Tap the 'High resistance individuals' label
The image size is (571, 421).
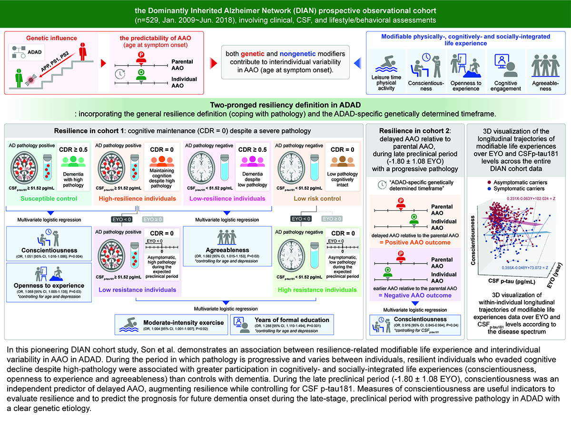[316, 289]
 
